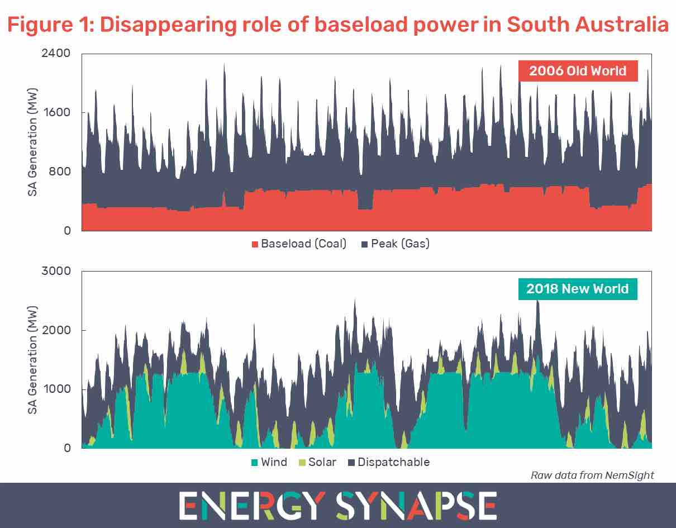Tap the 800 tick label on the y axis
(60, 172)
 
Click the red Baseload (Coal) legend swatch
(256, 244)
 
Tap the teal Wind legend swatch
(255, 463)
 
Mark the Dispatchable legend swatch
(352, 463)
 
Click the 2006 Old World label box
(578, 72)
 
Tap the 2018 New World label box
(577, 289)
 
